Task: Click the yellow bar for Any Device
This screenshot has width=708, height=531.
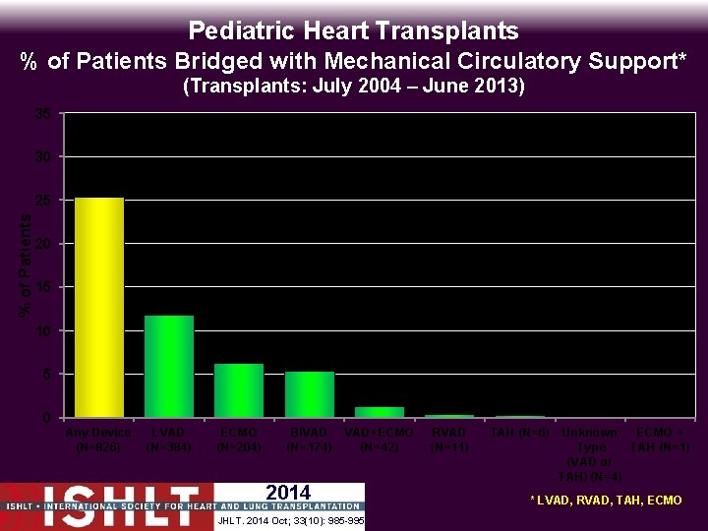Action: [99, 308]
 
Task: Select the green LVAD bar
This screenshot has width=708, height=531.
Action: [169, 366]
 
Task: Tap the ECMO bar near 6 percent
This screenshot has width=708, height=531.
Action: [239, 390]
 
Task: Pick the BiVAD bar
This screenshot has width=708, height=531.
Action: [310, 394]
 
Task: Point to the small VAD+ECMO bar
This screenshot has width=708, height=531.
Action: [380, 412]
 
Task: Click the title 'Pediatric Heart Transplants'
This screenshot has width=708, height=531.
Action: [353, 30]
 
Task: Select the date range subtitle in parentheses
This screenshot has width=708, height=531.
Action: [354, 88]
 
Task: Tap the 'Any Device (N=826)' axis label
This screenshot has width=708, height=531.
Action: [98, 440]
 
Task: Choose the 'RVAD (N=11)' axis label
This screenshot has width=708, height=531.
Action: [449, 440]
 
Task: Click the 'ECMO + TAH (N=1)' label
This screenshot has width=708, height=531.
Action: [660, 440]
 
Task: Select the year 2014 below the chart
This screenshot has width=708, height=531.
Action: [288, 493]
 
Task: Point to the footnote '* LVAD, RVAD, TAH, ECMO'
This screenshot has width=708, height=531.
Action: [606, 501]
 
